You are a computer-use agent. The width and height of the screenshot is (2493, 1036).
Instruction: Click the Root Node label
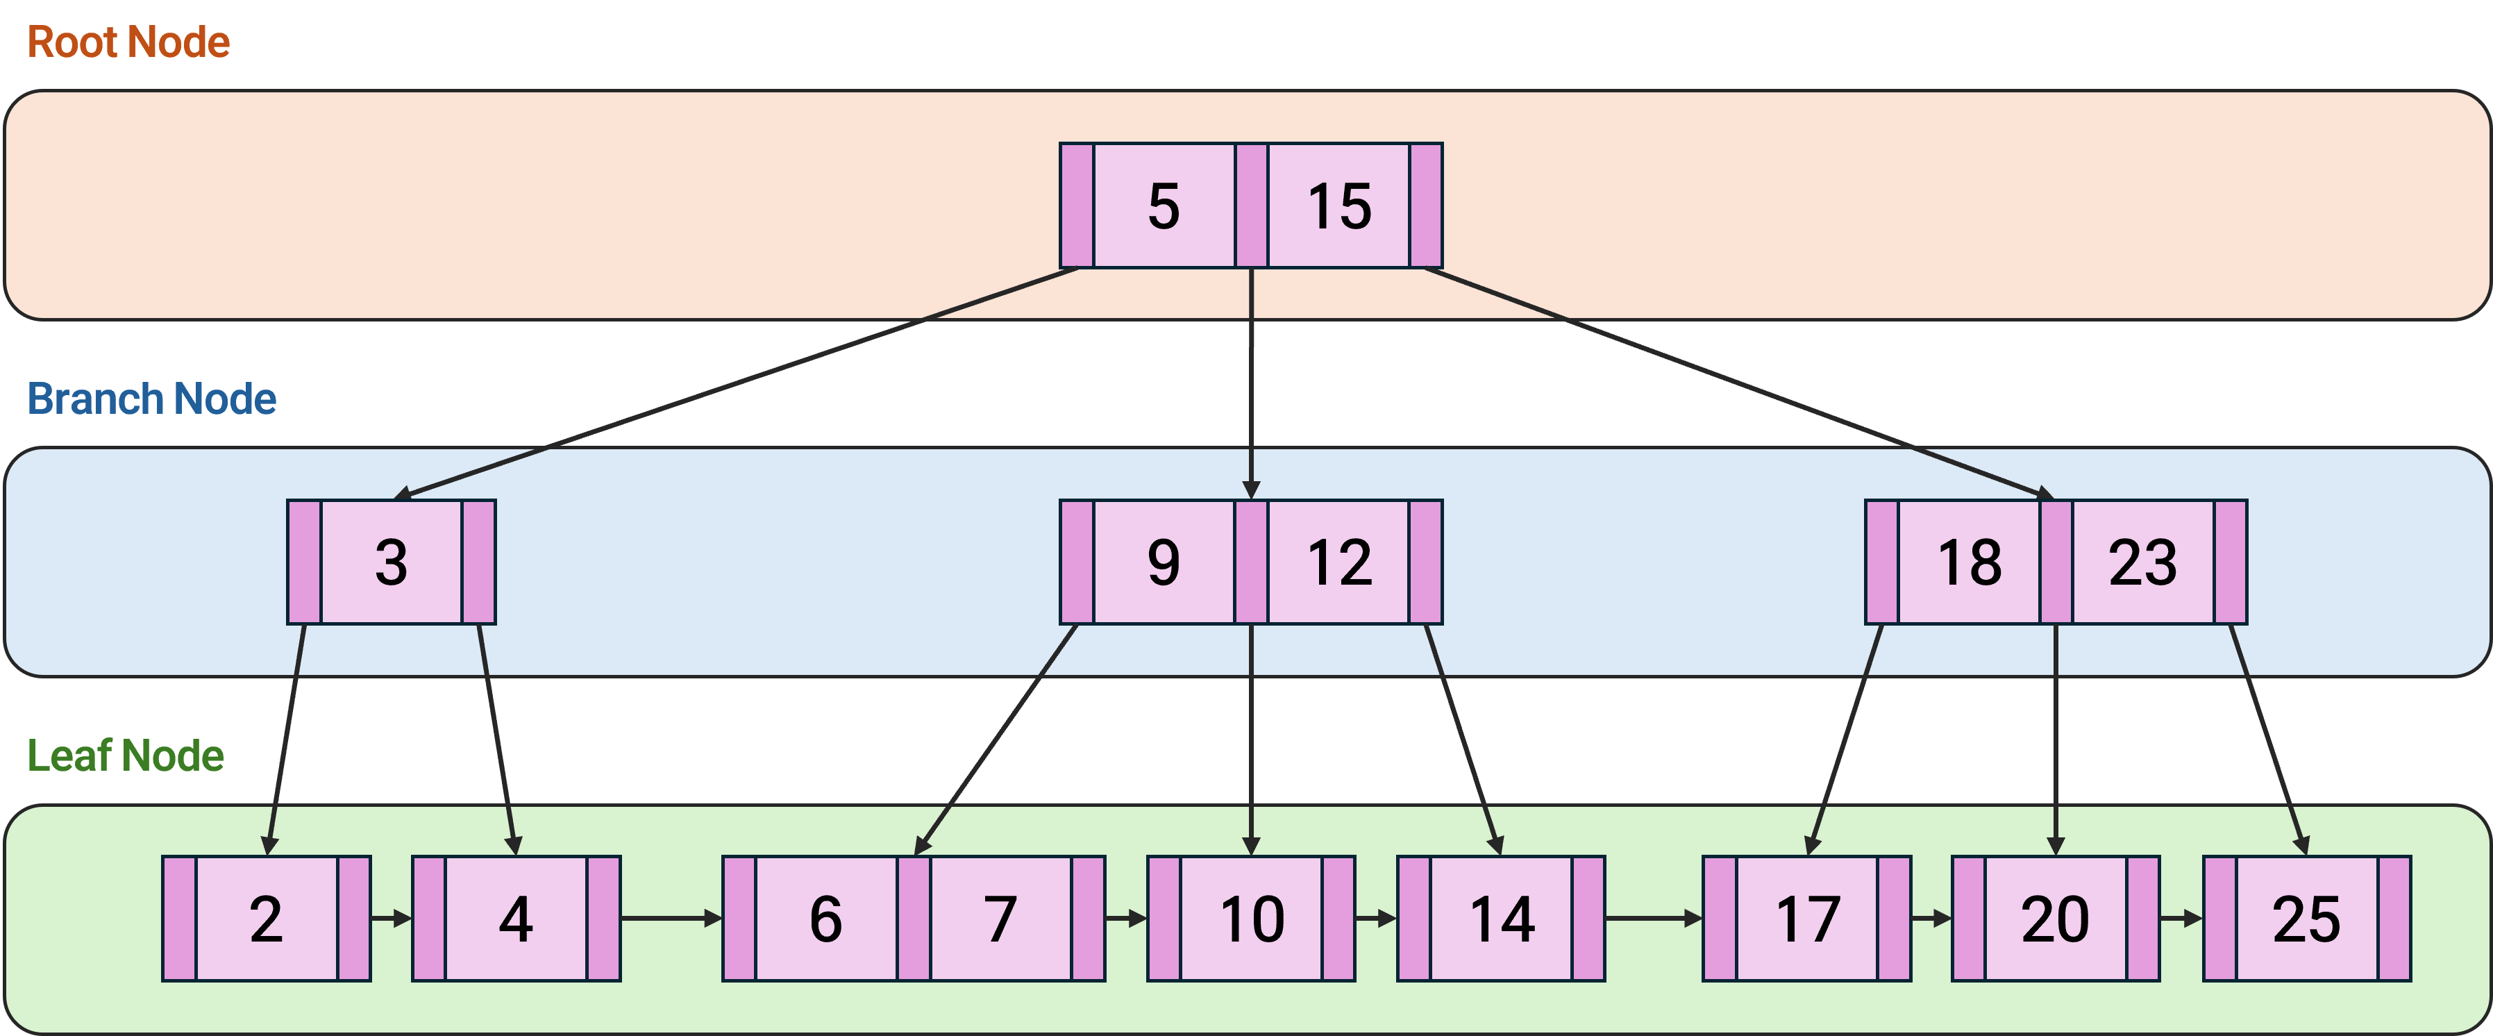point(128,42)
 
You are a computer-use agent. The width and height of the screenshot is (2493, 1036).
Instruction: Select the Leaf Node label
point(125,755)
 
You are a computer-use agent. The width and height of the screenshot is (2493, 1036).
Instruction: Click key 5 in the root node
point(1164,206)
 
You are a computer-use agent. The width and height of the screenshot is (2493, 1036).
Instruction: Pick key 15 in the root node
point(1338,206)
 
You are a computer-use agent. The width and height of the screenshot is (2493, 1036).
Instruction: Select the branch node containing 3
point(391,562)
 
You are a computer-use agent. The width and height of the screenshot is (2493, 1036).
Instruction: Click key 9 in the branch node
point(1164,562)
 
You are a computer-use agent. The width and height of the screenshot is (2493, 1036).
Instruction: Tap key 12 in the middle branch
point(1338,562)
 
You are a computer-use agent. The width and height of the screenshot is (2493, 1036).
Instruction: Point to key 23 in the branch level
point(2142,562)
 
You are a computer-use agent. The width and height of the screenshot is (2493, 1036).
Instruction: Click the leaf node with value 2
point(266,918)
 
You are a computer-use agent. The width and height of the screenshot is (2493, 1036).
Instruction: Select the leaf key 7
point(1000,918)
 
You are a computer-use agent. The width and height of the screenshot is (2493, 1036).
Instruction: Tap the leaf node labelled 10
point(1251,918)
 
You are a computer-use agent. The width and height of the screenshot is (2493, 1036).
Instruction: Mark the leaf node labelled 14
point(1501,918)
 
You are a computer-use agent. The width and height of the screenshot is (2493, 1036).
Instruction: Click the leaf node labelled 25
point(2306,918)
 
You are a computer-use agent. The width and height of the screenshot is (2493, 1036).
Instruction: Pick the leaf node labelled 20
point(2055,918)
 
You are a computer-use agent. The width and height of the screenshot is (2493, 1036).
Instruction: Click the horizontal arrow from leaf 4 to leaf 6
point(670,918)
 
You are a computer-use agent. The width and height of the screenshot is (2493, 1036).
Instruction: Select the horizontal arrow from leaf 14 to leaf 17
point(1653,918)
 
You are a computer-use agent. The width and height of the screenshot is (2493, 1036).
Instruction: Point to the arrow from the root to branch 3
point(735,383)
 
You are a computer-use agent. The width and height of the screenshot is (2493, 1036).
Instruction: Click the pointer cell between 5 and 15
point(1251,206)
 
